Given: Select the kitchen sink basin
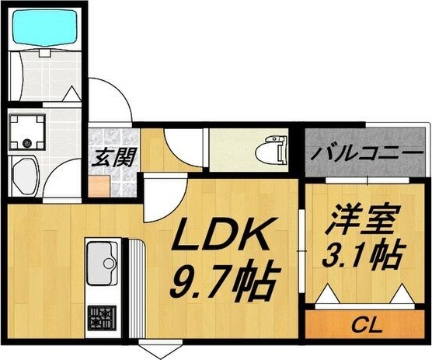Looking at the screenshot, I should [x=102, y=264].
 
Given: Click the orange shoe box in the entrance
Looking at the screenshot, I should [x=99, y=187].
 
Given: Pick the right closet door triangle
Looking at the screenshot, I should [x=402, y=294].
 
